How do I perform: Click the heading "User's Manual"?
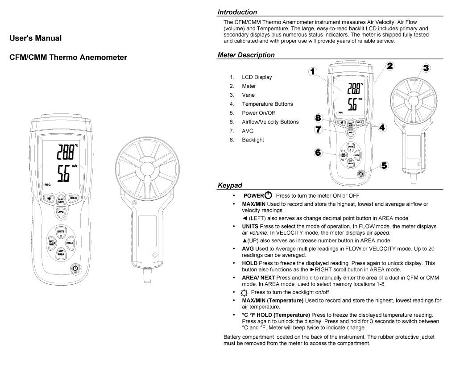(36, 38)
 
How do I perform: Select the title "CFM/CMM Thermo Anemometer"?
(68, 57)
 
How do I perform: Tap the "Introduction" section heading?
(237, 12)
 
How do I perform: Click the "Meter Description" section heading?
(246, 55)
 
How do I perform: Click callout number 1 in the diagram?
(313, 71)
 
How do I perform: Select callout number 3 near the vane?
(426, 68)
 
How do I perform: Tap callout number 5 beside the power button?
(384, 165)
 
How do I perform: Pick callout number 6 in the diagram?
(318, 152)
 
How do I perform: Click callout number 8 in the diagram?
(318, 118)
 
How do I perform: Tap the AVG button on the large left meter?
(61, 212)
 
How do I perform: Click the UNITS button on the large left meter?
(61, 232)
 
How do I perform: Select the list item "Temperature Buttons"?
(267, 104)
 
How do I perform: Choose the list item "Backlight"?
(253, 140)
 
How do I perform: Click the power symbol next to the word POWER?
(268, 195)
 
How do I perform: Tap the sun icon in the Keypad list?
(243, 293)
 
